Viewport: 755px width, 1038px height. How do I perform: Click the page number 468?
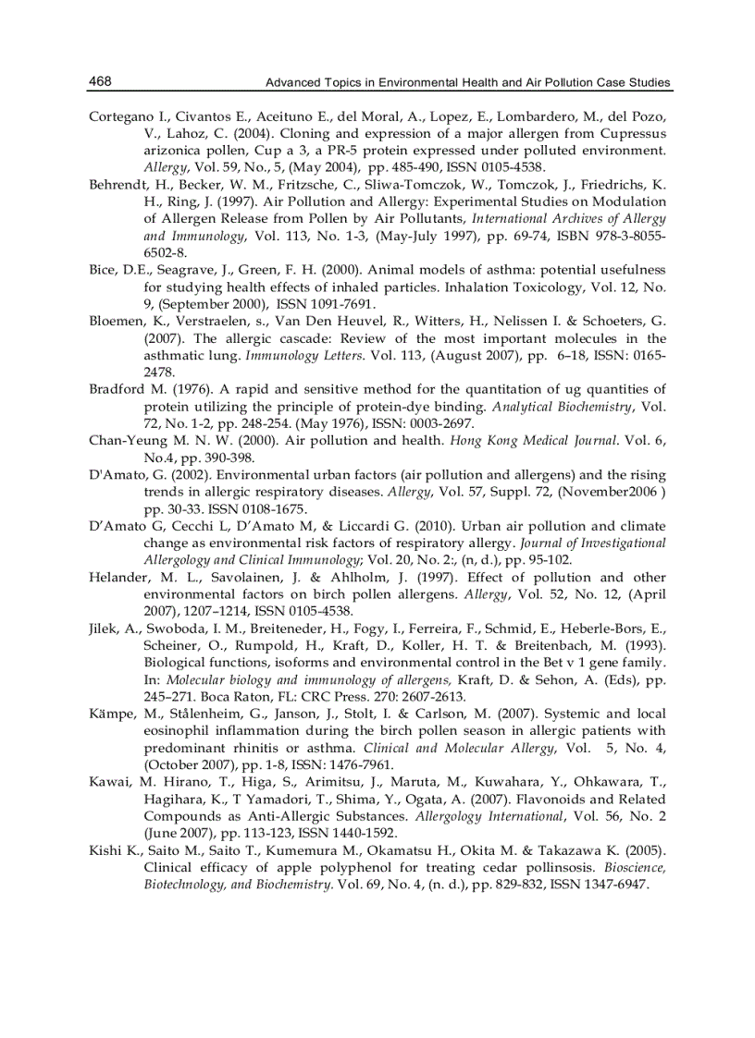point(100,81)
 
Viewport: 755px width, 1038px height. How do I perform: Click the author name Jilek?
point(105,628)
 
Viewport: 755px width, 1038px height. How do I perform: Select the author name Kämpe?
point(111,714)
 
